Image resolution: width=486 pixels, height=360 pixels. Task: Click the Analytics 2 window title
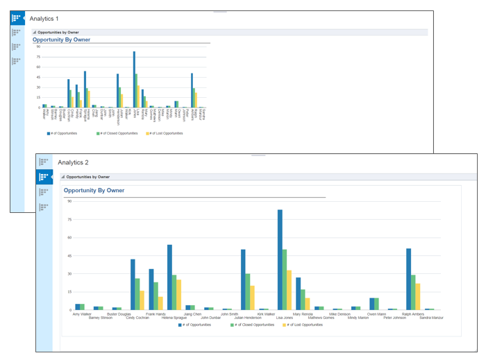pyautogui.click(x=73, y=162)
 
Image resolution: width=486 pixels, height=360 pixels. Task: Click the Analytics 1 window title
pyautogui.click(x=44, y=18)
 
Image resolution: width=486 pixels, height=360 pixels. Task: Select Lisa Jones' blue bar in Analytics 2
pyautogui.click(x=280, y=259)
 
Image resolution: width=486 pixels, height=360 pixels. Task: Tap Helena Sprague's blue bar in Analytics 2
pyautogui.click(x=169, y=277)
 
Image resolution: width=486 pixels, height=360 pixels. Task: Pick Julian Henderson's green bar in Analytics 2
pyautogui.click(x=248, y=291)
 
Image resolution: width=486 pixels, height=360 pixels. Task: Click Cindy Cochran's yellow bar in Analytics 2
pyautogui.click(x=142, y=300)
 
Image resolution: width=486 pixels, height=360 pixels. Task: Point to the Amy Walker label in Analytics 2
pyautogui.click(x=82, y=314)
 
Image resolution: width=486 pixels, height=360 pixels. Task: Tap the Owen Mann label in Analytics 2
pyautogui.click(x=376, y=314)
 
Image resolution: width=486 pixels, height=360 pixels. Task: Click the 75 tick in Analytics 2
pyautogui.click(x=69, y=220)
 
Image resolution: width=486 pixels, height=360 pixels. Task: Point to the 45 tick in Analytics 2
pyautogui.click(x=69, y=255)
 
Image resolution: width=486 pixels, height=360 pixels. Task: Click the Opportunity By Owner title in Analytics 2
pyautogui.click(x=94, y=190)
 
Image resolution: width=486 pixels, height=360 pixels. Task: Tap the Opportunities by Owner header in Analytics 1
pyautogui.click(x=58, y=32)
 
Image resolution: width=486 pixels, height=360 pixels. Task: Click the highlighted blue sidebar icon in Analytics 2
pyautogui.click(x=44, y=177)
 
